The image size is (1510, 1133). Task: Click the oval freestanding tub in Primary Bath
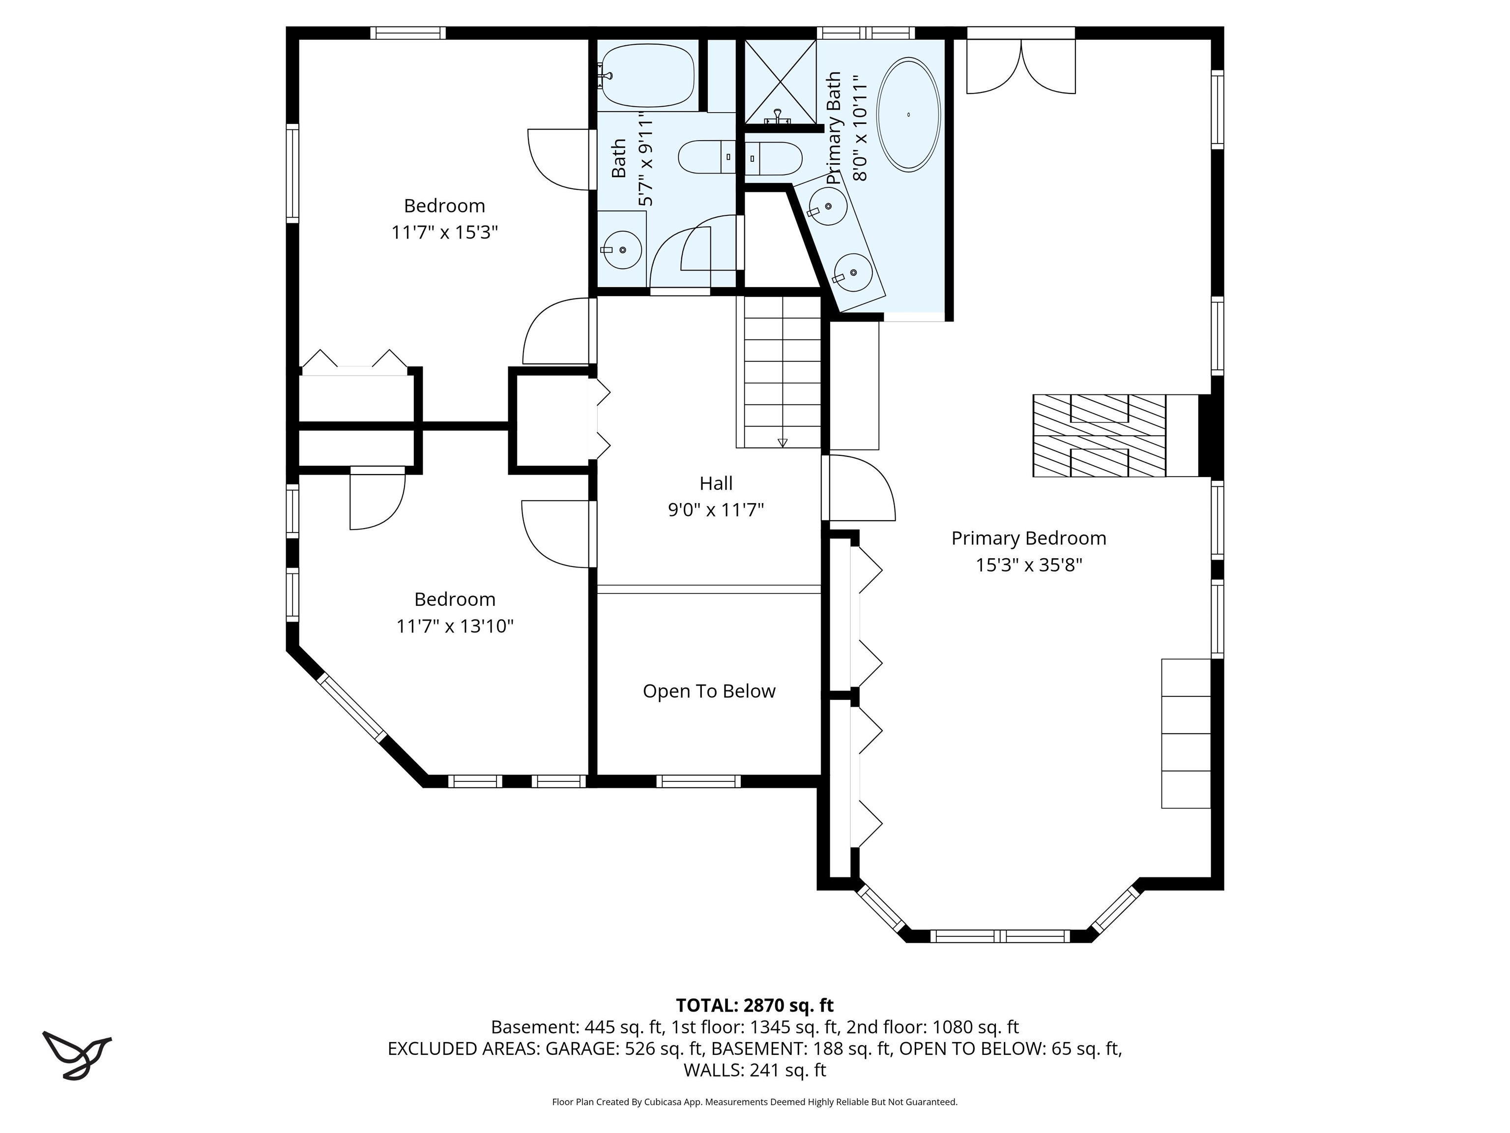(908, 115)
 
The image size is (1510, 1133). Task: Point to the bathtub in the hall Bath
(647, 75)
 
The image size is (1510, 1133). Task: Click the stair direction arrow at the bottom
(783, 443)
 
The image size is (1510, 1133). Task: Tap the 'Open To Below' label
(709, 691)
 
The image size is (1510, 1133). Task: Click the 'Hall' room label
(715, 483)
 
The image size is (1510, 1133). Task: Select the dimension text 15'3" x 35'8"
(1029, 566)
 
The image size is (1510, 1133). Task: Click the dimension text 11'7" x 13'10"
(455, 626)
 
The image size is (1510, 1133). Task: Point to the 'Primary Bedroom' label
(1028, 538)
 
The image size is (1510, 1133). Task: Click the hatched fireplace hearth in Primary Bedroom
(1099, 436)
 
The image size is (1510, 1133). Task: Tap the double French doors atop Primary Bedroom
(1020, 65)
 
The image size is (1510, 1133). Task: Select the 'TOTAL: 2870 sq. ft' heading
(755, 1005)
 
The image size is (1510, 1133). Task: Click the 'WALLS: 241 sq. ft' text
(755, 1070)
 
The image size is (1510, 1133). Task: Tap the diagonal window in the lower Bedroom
(353, 708)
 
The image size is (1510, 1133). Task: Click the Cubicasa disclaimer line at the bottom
(755, 1102)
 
